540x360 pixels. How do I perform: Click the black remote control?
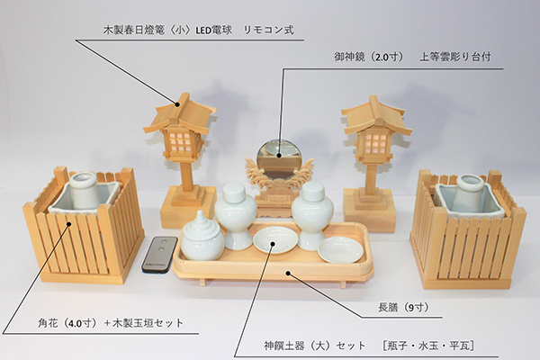point(158,254)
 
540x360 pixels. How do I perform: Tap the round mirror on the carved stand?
point(278,159)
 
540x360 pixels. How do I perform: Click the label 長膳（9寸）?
point(403,307)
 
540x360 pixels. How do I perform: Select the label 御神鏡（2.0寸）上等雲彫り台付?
point(412,57)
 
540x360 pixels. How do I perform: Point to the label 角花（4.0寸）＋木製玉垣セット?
point(111,323)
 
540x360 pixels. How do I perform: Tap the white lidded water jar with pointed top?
point(202,236)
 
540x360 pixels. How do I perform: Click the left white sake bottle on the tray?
point(236,216)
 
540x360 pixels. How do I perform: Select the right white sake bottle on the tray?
point(312,216)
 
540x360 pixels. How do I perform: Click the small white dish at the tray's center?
point(275,241)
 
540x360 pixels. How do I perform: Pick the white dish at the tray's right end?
point(340,249)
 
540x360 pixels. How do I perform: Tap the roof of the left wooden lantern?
point(179,113)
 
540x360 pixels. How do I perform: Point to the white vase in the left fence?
point(85,192)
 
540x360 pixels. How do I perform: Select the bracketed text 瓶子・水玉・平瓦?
point(428,346)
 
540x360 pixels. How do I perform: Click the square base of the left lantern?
point(184,207)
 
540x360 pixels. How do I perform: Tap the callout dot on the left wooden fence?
point(69,224)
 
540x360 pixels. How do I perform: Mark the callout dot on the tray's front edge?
point(288,274)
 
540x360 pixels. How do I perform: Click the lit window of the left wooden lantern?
point(181,141)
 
